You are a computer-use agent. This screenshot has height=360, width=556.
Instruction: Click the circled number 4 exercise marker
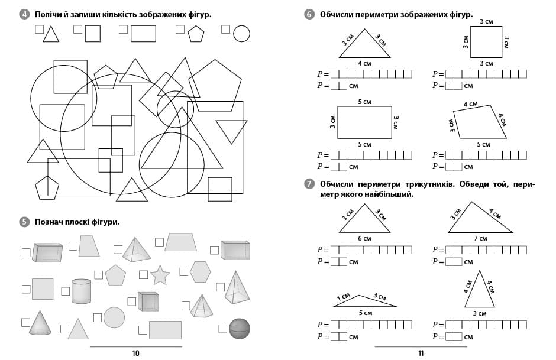click(24, 14)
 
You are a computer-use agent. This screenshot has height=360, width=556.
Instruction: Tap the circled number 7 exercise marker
click(309, 184)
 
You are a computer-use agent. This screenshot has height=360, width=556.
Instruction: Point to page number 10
click(135, 353)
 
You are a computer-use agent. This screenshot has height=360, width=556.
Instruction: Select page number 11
click(421, 353)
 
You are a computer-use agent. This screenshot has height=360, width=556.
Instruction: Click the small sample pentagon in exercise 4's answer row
click(196, 34)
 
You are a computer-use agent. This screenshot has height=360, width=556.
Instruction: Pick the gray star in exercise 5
click(160, 275)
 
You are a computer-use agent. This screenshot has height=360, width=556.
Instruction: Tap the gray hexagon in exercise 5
click(200, 271)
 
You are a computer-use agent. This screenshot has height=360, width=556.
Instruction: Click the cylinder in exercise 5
click(81, 290)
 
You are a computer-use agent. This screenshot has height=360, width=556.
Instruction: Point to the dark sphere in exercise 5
click(239, 328)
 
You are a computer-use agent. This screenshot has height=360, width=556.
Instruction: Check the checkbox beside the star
click(143, 274)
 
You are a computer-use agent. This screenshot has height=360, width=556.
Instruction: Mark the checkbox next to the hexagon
click(183, 271)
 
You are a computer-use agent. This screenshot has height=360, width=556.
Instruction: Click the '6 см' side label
click(364, 238)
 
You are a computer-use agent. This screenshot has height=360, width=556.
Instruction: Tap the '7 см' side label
click(479, 238)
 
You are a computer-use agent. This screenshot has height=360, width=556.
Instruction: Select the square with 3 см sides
click(486, 41)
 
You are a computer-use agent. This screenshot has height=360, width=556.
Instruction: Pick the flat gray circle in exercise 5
click(114, 317)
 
